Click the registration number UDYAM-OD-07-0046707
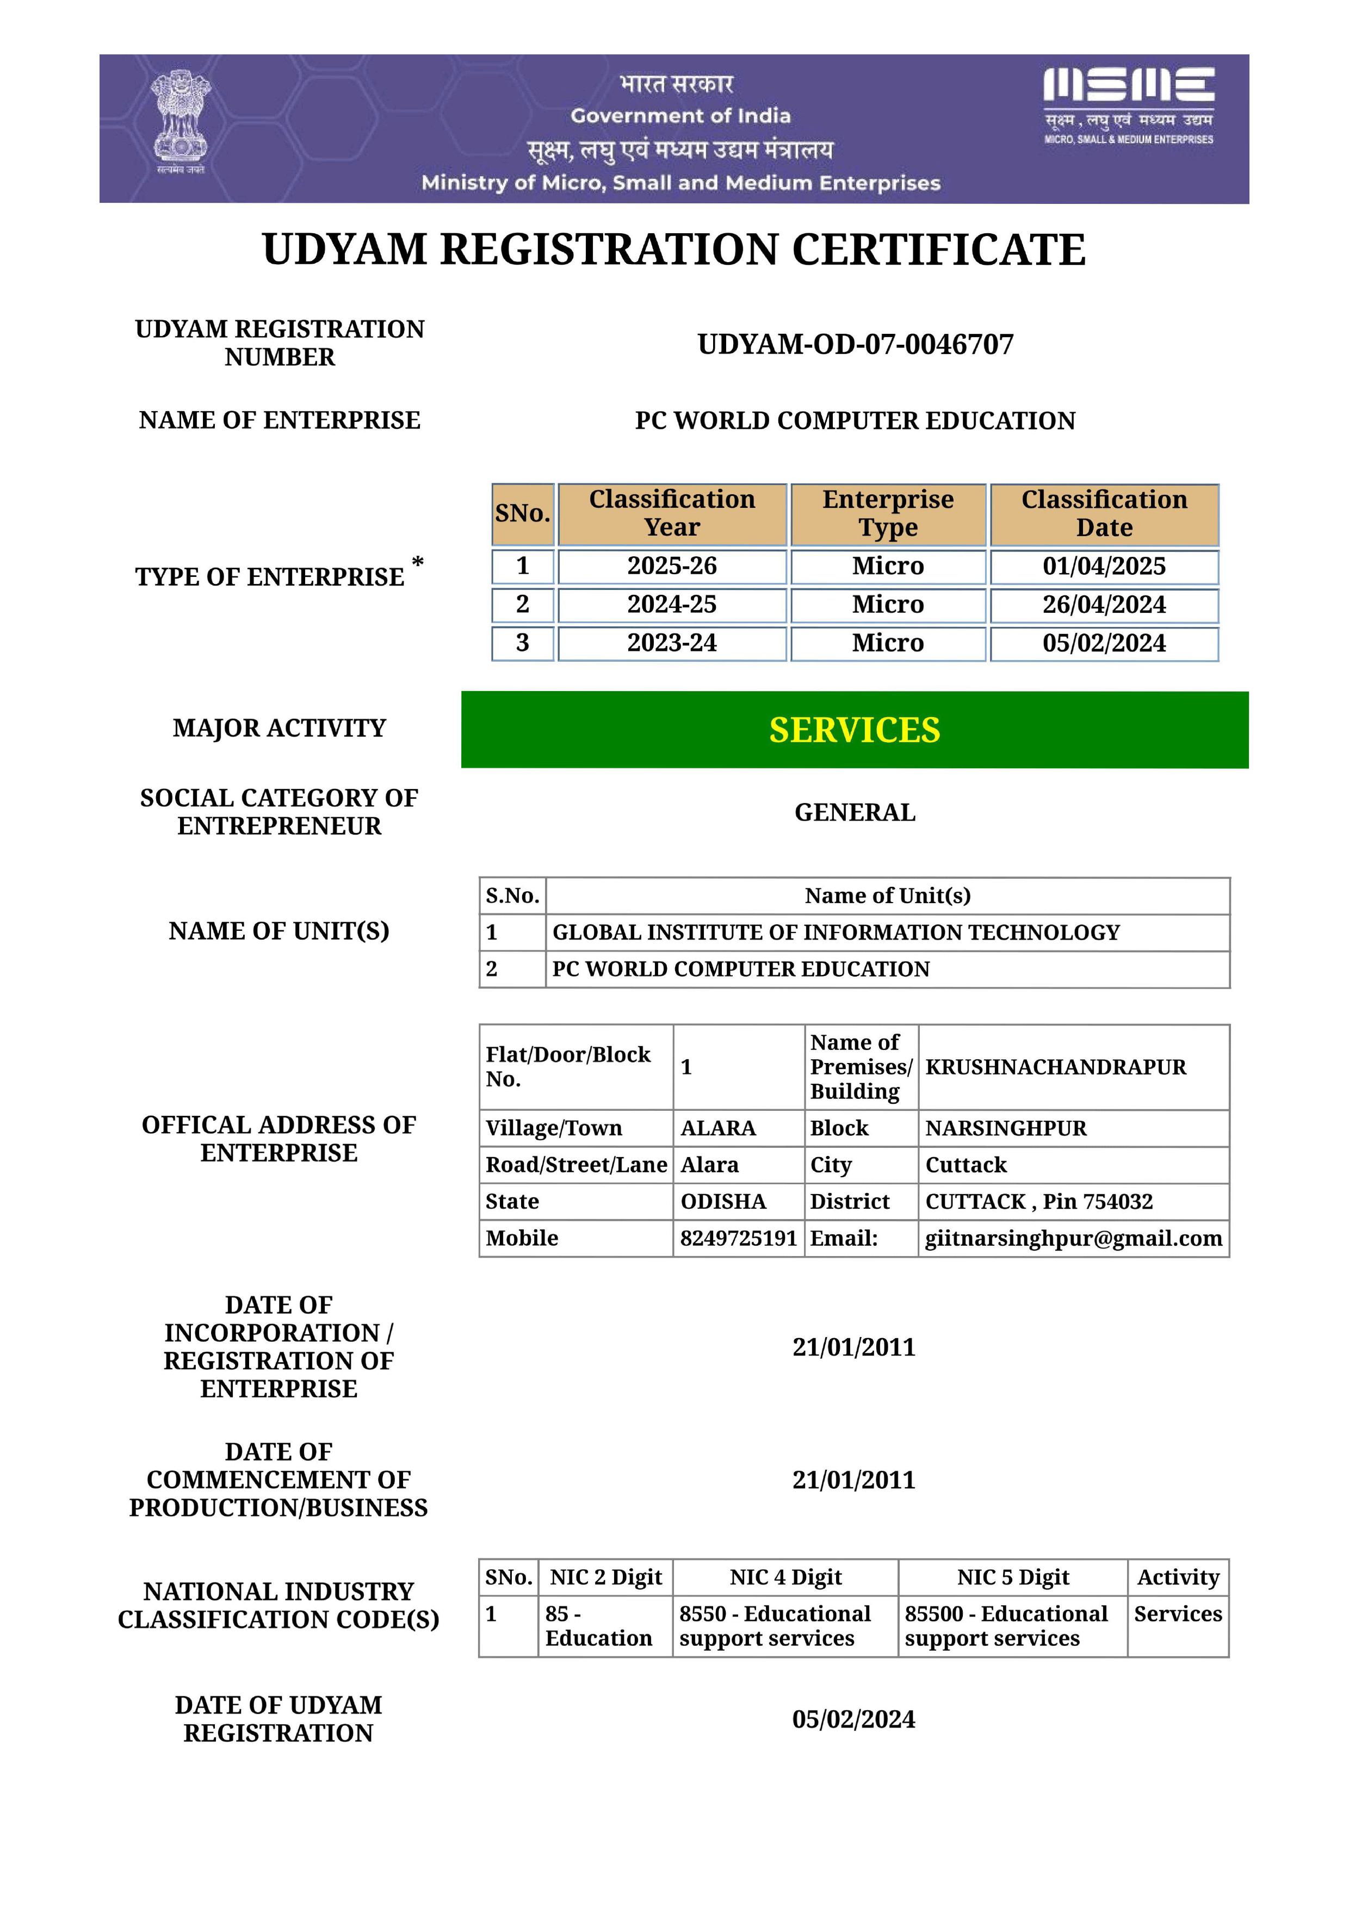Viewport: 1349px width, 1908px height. tap(855, 344)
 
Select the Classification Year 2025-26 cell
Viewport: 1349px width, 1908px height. tap(672, 566)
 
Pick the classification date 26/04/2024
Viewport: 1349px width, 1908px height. tap(1104, 604)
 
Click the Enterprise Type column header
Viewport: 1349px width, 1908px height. tap(888, 513)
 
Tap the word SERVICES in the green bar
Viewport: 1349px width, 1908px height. tap(855, 730)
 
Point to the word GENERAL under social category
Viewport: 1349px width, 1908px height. tap(855, 812)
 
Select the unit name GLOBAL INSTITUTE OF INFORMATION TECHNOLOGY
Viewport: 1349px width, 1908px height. tap(836, 933)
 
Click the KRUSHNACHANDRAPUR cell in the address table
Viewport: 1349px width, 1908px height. tap(1056, 1067)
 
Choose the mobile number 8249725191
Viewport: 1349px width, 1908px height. tap(738, 1238)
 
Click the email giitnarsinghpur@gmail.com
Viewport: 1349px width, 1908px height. tap(1073, 1238)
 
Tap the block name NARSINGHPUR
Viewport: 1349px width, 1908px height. tap(1006, 1128)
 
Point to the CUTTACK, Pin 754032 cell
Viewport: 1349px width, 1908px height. tap(1039, 1202)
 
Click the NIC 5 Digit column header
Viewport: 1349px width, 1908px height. tap(1012, 1577)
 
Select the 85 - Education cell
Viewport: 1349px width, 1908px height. tap(598, 1625)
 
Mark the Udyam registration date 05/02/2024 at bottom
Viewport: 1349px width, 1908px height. tap(853, 1719)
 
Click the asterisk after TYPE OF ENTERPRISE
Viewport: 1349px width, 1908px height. tap(417, 563)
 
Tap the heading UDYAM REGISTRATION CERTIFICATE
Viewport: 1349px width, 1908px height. tap(673, 249)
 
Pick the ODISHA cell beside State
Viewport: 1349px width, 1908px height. tap(723, 1202)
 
